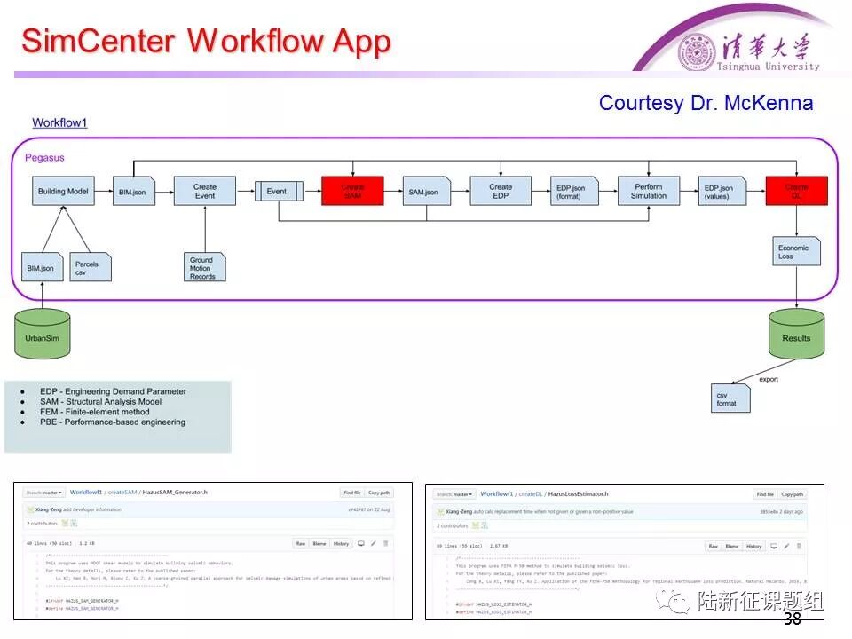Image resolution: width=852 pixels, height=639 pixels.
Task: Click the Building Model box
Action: click(63, 191)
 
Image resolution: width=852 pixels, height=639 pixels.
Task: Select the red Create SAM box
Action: click(352, 191)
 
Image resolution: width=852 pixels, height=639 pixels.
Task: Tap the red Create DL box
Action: click(796, 191)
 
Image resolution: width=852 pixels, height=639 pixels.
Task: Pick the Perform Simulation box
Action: click(648, 191)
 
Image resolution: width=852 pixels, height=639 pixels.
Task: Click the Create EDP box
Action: click(501, 191)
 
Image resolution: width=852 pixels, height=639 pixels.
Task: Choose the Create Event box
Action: click(205, 191)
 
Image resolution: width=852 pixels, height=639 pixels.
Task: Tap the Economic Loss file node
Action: click(795, 252)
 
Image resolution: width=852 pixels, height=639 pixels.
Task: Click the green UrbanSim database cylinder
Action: click(42, 334)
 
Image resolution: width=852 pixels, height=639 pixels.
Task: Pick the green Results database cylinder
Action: click(796, 334)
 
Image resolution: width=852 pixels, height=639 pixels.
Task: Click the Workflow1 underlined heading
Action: click(59, 123)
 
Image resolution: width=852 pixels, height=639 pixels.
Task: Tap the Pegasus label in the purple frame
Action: click(44, 158)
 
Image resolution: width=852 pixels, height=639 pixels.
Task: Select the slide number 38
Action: click(793, 619)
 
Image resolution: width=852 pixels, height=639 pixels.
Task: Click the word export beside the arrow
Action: click(769, 379)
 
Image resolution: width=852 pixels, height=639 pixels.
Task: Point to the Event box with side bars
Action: click(279, 191)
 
